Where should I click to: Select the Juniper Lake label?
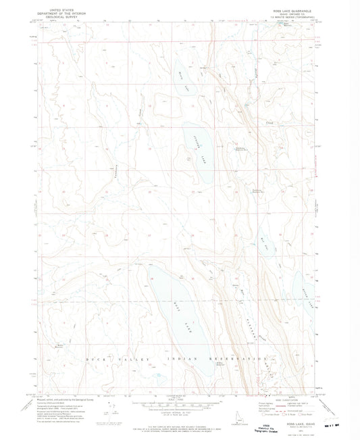click(197, 151)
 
